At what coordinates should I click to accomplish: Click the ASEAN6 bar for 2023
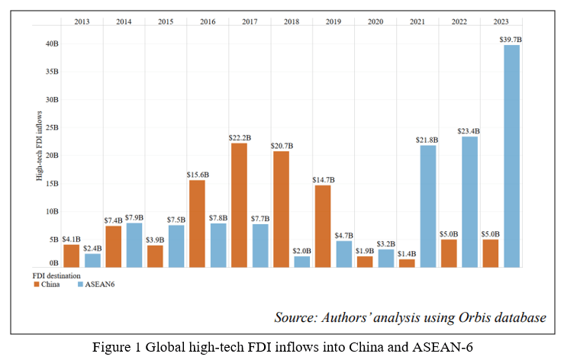click(x=511, y=156)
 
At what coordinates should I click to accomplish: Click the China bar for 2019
click(x=322, y=226)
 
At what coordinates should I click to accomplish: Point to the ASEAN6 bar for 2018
click(x=302, y=262)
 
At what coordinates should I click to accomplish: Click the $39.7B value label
click(x=512, y=39)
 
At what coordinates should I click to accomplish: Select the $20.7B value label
click(x=280, y=145)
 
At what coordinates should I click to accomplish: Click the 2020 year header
click(x=375, y=21)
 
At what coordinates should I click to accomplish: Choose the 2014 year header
click(x=124, y=21)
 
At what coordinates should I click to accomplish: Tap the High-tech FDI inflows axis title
click(x=38, y=149)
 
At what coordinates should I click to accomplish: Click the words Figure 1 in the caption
click(x=117, y=347)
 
